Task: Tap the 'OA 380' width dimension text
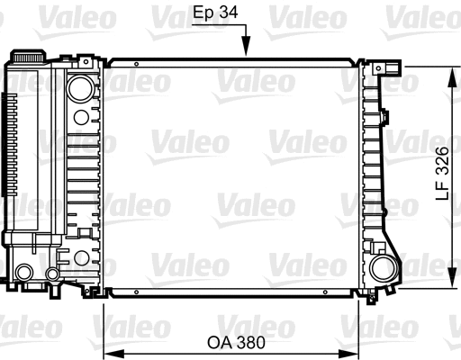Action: (231, 342)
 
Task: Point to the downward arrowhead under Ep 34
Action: (246, 54)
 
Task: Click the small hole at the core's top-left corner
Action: (136, 65)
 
